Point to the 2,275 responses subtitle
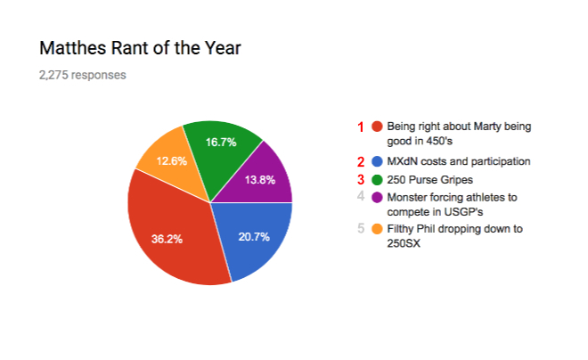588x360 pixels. tap(83, 75)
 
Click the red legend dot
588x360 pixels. tap(377, 127)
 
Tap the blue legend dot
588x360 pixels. tap(377, 161)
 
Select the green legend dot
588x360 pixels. tap(377, 179)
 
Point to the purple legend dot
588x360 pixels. tap(377, 197)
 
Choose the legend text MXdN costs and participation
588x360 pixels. tap(459, 161)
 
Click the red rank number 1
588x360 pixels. tap(361, 127)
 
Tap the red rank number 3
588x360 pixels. tap(361, 179)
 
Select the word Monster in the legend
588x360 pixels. tap(407, 197)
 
